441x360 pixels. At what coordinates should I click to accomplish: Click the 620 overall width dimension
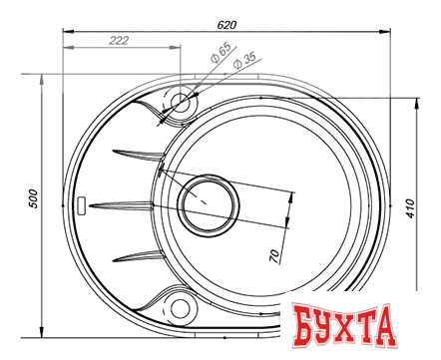tap(228, 18)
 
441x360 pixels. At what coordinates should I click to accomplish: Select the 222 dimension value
tap(119, 40)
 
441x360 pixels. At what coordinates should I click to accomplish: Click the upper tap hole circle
tap(182, 102)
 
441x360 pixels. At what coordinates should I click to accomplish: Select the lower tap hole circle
tap(181, 307)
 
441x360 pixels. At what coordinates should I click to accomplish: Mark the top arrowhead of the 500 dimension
tap(41, 78)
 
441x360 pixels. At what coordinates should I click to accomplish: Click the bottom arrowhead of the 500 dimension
tap(41, 331)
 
